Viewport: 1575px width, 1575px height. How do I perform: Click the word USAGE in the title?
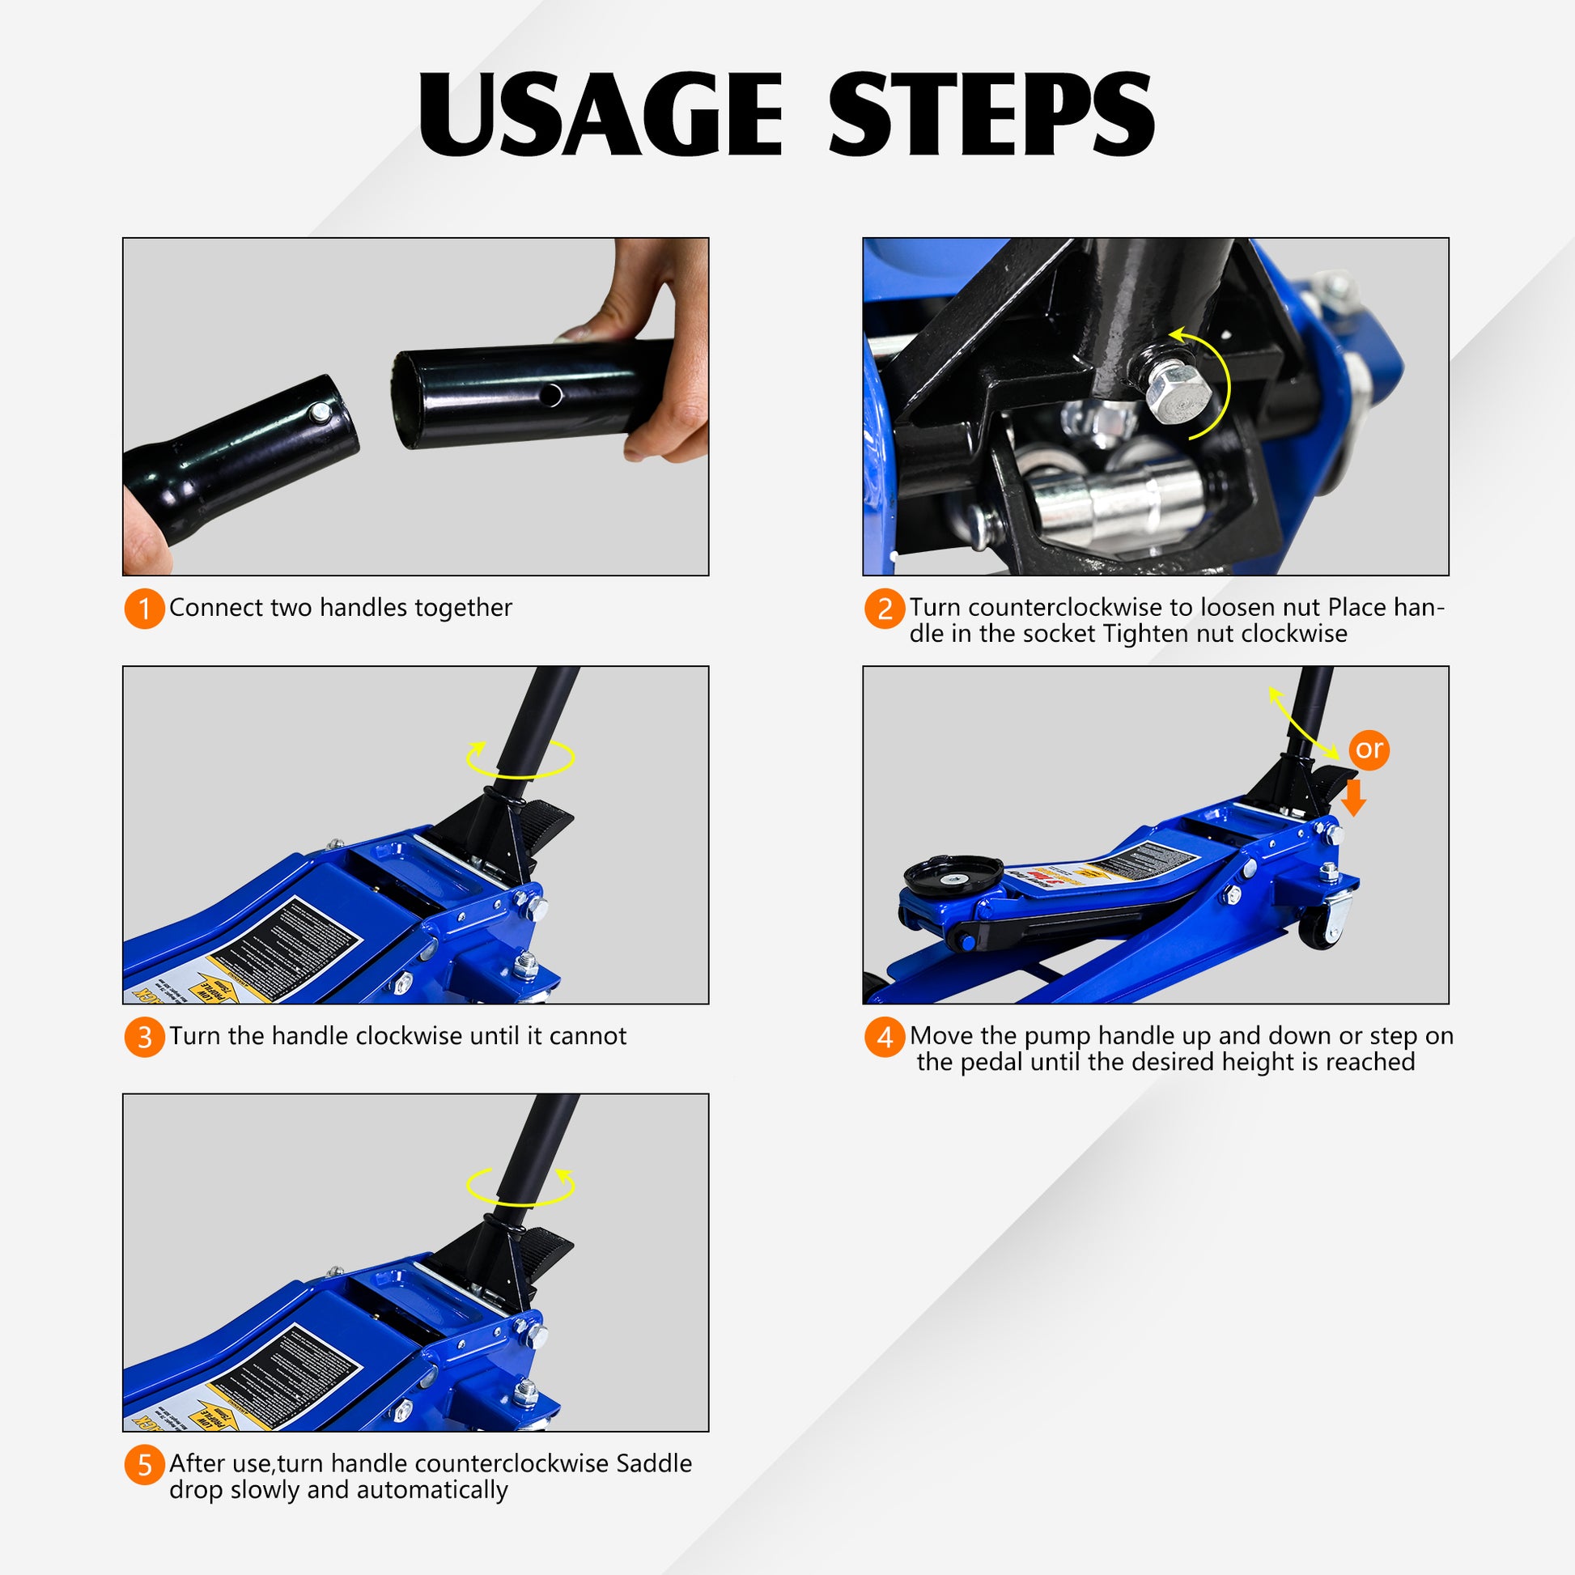pyautogui.click(x=601, y=114)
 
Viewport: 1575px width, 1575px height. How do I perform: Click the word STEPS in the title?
pyautogui.click(x=991, y=114)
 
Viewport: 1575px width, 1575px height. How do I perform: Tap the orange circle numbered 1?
pyautogui.click(x=144, y=609)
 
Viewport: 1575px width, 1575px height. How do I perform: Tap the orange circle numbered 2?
pyautogui.click(x=885, y=609)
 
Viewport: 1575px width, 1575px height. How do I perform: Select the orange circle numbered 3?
pyautogui.click(x=144, y=1037)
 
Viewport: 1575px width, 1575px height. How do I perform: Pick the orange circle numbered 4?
pyautogui.click(x=885, y=1037)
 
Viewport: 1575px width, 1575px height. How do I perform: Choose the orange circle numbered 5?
pyautogui.click(x=144, y=1465)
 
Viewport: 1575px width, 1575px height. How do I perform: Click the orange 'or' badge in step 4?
pyautogui.click(x=1369, y=749)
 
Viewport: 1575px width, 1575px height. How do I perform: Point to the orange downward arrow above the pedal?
pyautogui.click(x=1353, y=797)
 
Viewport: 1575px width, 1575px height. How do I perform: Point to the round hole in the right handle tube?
pyautogui.click(x=551, y=396)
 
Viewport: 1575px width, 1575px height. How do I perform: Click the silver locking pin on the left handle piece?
pyautogui.click(x=321, y=414)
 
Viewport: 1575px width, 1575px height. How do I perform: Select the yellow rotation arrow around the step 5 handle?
pyautogui.click(x=520, y=1187)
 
